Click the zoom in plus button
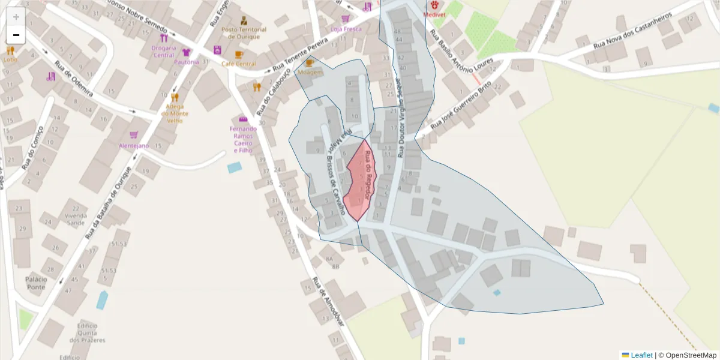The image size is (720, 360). (x=16, y=17)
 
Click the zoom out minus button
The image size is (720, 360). (x=16, y=35)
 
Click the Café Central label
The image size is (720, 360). (x=238, y=64)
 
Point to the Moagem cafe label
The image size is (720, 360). (x=310, y=71)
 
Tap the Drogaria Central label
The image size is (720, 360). (x=163, y=51)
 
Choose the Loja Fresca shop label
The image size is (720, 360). (x=346, y=28)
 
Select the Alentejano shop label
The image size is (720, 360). (x=134, y=146)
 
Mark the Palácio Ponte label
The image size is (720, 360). (x=36, y=283)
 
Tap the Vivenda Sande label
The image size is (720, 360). (x=76, y=219)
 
